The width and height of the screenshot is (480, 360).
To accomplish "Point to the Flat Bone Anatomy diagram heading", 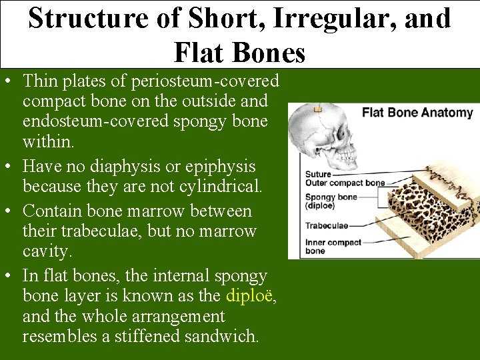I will point(417,113).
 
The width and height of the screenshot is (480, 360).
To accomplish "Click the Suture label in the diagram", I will point(318,174).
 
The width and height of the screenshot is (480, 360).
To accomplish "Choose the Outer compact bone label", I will point(345,183).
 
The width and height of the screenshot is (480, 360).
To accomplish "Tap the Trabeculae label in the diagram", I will point(327,226).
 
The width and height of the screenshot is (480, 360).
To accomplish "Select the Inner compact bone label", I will point(333,246).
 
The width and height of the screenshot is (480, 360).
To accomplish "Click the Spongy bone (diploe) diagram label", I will point(331,201).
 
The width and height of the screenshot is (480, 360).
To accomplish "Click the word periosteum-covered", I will point(205,81).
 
